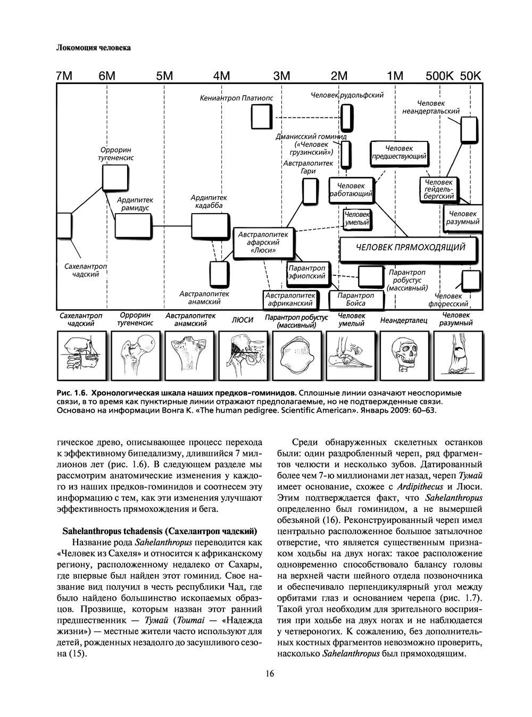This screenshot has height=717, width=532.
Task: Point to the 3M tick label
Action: (281, 76)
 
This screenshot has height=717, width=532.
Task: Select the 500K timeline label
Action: (439, 76)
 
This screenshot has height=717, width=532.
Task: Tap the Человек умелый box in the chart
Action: (357, 218)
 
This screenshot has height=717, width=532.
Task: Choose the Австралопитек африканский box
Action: (289, 300)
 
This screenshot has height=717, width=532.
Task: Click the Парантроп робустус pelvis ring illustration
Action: (296, 355)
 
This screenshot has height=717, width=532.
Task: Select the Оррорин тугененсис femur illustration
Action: (135, 355)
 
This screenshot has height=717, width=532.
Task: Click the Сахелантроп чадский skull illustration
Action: (81, 355)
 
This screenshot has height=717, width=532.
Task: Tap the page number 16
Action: (270, 674)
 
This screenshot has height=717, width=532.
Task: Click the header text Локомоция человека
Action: (93, 48)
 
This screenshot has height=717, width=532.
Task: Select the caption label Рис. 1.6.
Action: (72, 393)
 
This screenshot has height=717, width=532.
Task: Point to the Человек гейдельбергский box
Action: (439, 189)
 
